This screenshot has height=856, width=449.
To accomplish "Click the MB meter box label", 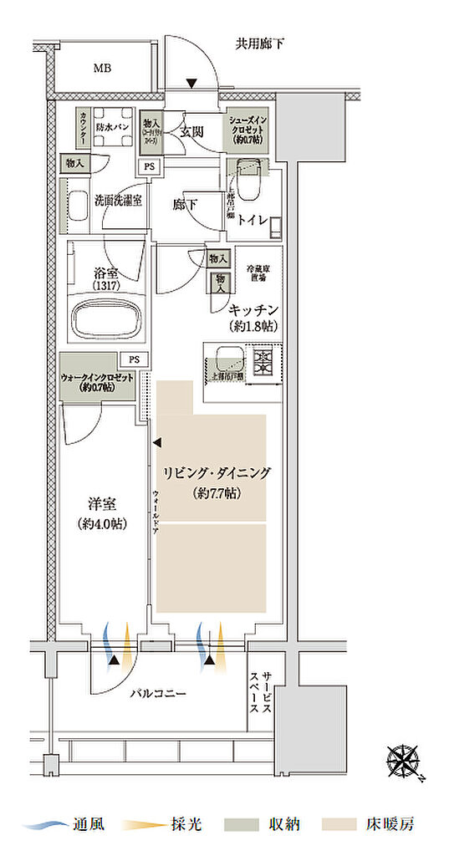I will [x=101, y=69].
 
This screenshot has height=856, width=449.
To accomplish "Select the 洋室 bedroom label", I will [x=101, y=504].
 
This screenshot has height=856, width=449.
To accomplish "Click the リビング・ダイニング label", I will [x=215, y=473].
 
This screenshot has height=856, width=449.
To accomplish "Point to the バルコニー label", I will [x=158, y=693].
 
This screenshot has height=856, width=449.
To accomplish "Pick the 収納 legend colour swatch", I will [x=237, y=825].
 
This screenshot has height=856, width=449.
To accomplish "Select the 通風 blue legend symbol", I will [x=43, y=825].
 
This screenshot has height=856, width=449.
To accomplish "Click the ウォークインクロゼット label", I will [x=98, y=382].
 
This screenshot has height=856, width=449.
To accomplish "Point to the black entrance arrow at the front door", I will [x=191, y=83].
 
